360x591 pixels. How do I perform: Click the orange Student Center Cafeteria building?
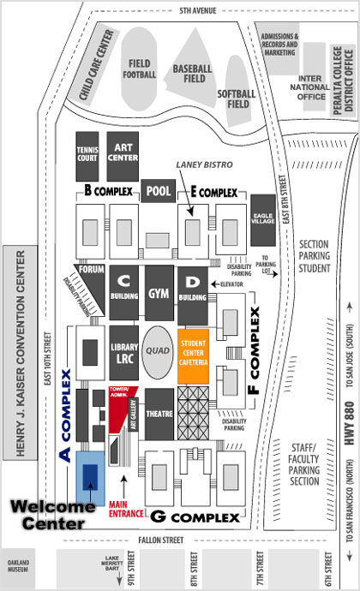click(193, 356)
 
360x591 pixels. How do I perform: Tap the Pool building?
click(159, 191)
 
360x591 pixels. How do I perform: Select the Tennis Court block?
click(87, 156)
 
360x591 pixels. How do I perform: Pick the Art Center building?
click(123, 156)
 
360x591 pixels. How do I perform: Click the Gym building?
click(159, 293)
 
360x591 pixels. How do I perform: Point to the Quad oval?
click(158, 352)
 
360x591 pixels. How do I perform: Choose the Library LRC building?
click(124, 353)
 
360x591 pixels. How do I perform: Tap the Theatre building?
click(159, 415)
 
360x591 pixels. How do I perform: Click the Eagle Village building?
click(263, 220)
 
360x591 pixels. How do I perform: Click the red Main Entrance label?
click(126, 510)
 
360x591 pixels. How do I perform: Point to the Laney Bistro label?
click(205, 164)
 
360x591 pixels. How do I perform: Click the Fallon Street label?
click(161, 540)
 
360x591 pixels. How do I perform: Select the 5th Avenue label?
click(198, 10)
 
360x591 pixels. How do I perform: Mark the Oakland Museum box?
click(18, 566)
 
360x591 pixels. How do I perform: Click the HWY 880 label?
click(350, 423)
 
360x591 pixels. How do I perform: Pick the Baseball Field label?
click(193, 74)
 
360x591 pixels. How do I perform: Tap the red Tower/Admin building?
click(122, 409)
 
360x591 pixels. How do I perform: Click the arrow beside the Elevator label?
click(215, 284)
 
